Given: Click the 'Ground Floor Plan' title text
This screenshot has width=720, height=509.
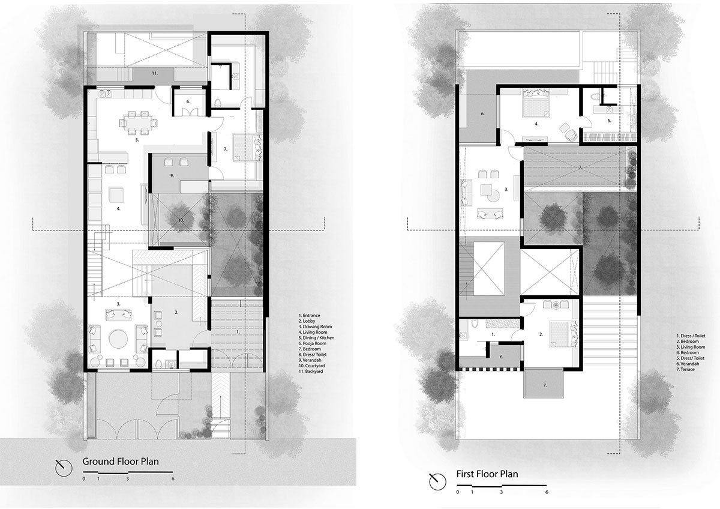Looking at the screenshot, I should click(119, 462).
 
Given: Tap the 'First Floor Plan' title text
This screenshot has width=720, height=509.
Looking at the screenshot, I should click(487, 474).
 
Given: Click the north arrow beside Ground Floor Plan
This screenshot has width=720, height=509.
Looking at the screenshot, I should click(62, 466).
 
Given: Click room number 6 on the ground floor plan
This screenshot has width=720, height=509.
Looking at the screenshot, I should click(188, 102).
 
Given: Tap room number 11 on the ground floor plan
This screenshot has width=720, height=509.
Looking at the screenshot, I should click(154, 73).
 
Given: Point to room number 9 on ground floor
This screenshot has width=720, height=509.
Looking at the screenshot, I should click(172, 175).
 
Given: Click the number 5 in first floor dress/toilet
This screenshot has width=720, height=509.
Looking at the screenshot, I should click(608, 121).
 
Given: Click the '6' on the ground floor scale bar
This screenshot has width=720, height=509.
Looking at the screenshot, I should click(173, 480).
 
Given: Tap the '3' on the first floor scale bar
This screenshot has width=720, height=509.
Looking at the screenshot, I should click(501, 492).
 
